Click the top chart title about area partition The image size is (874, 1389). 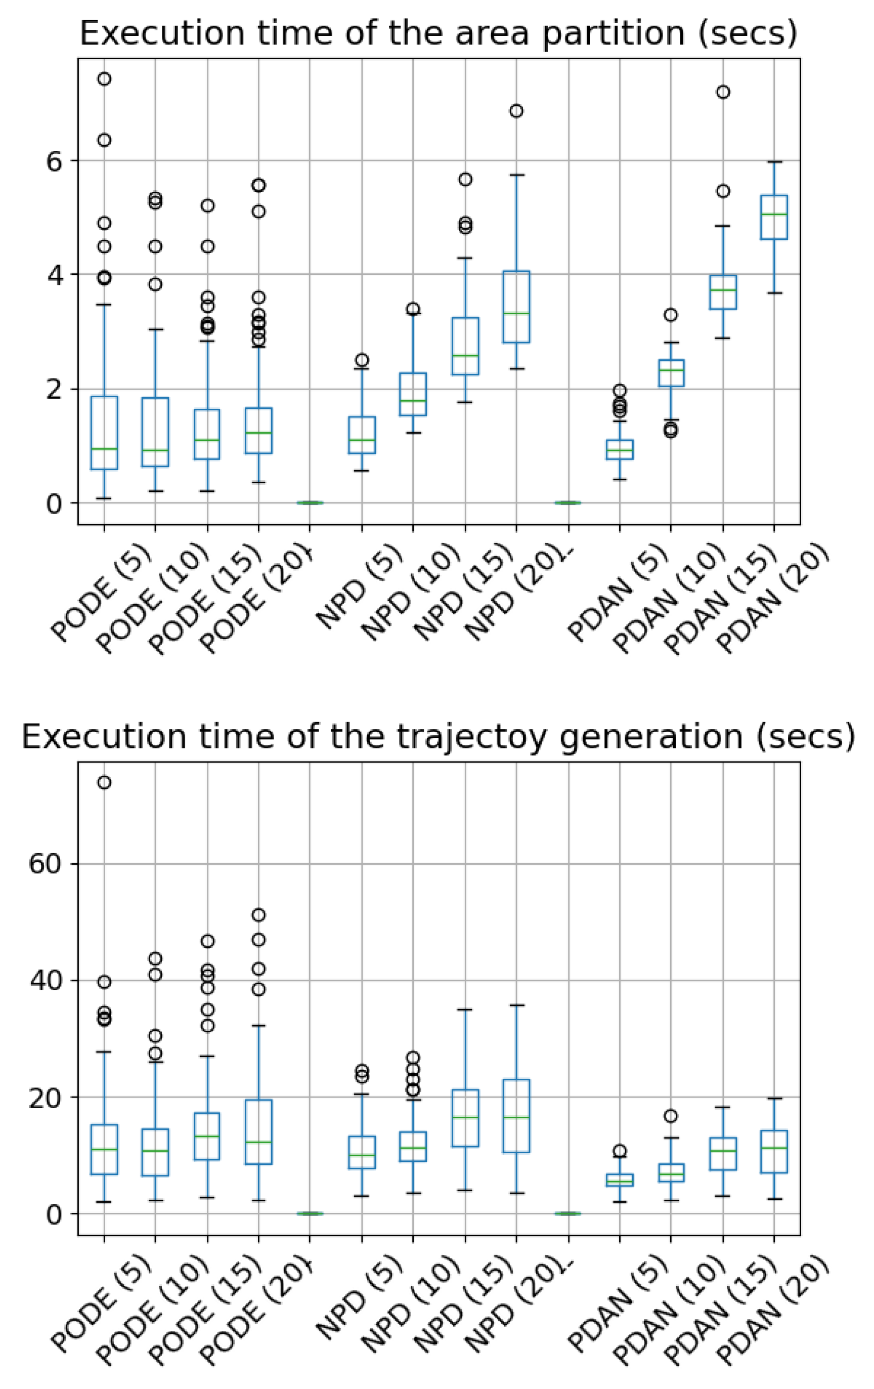[438, 33]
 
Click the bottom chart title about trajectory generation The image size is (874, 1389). [438, 737]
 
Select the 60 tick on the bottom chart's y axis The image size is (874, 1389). [46, 865]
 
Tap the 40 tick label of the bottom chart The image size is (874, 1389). [46, 981]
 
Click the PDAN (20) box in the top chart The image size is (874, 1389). [774, 217]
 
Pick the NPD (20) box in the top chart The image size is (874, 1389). [516, 306]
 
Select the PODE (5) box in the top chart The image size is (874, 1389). [104, 433]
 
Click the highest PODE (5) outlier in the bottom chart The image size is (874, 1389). [104, 782]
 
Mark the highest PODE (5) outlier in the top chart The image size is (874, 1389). [104, 78]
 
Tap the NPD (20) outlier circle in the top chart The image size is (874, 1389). [516, 111]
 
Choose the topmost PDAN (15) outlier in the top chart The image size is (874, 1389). [723, 92]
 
